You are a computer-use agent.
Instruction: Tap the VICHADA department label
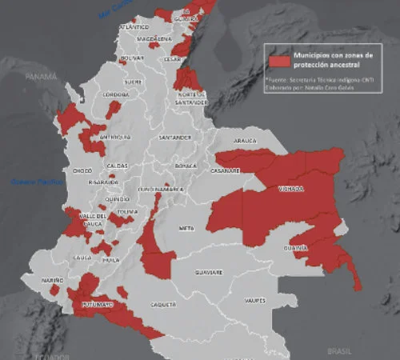291,189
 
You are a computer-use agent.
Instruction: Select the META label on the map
187,228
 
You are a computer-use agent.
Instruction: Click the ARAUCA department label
245,141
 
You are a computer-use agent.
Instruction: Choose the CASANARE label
226,170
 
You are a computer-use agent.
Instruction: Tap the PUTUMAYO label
96,305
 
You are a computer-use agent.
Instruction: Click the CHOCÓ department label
82,170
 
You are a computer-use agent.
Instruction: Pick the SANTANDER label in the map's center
175,138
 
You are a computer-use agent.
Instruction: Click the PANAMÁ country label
41,77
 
